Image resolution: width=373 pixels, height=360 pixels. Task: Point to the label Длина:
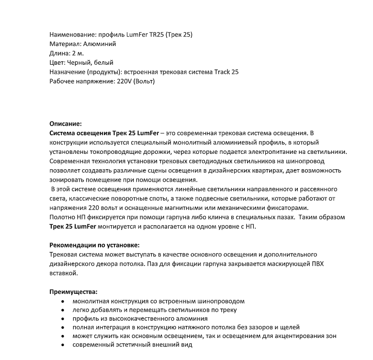click(x=60, y=53)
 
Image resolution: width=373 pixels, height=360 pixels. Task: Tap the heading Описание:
click(x=66, y=123)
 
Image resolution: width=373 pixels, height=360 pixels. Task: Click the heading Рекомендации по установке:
click(x=94, y=245)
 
